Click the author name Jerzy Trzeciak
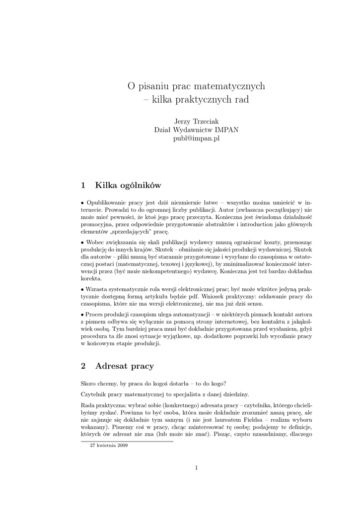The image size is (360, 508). point(196,122)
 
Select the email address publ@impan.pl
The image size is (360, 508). point(196,138)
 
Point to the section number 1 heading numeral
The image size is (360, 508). point(83,186)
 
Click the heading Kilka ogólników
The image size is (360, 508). point(129,186)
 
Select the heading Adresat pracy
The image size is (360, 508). point(125,366)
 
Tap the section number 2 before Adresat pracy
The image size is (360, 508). point(83,366)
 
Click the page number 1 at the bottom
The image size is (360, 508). point(196,467)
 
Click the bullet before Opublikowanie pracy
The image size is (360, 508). point(82,203)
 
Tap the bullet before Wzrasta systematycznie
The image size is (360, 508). point(82,289)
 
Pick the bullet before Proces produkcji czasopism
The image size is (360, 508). point(82,315)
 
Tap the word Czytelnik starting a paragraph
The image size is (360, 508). point(95,394)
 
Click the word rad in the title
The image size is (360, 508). point(240,99)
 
